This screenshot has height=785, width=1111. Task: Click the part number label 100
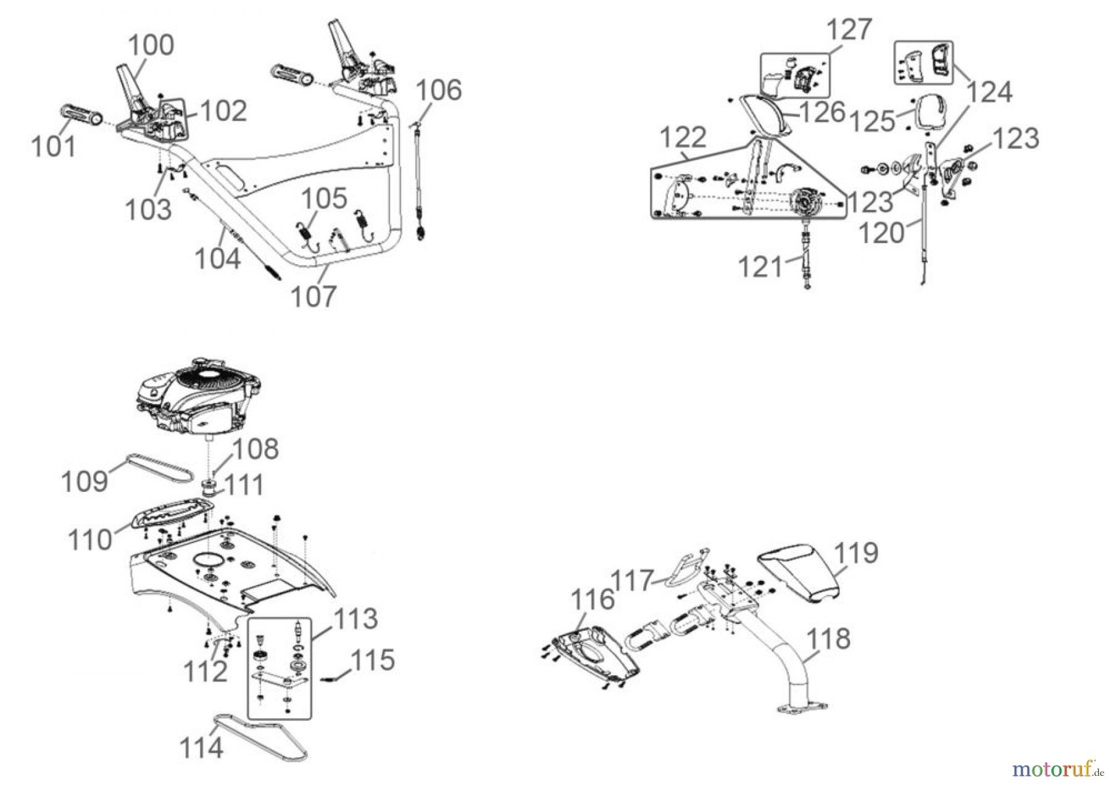[151, 46]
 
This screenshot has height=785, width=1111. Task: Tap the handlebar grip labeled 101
[80, 115]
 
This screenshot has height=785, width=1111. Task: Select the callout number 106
[438, 90]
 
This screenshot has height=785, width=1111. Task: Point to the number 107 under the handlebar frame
[314, 296]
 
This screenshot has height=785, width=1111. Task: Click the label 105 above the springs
[324, 200]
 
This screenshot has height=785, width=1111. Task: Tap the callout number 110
[91, 540]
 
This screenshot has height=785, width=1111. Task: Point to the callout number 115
[371, 660]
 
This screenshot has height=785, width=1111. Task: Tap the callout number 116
[593, 599]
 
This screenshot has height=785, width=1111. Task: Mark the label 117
[632, 580]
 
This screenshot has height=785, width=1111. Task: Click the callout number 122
[683, 138]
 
